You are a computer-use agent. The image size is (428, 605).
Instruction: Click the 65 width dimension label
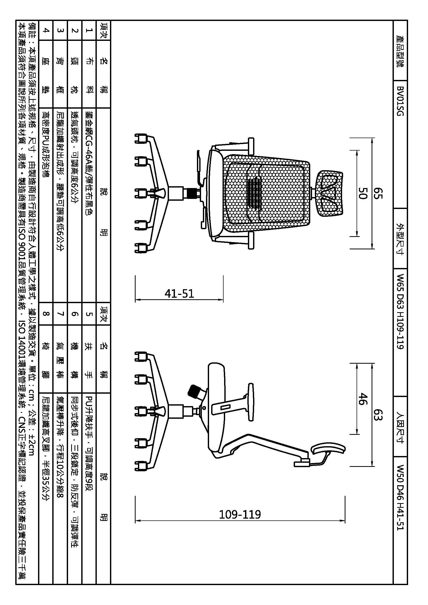pyautogui.click(x=378, y=193)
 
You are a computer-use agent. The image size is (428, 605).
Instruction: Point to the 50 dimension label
pyautogui.click(x=363, y=193)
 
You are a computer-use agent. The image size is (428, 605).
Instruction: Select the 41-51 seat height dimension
pyautogui.click(x=179, y=294)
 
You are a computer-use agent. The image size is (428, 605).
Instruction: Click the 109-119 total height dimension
pyautogui.click(x=240, y=514)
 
